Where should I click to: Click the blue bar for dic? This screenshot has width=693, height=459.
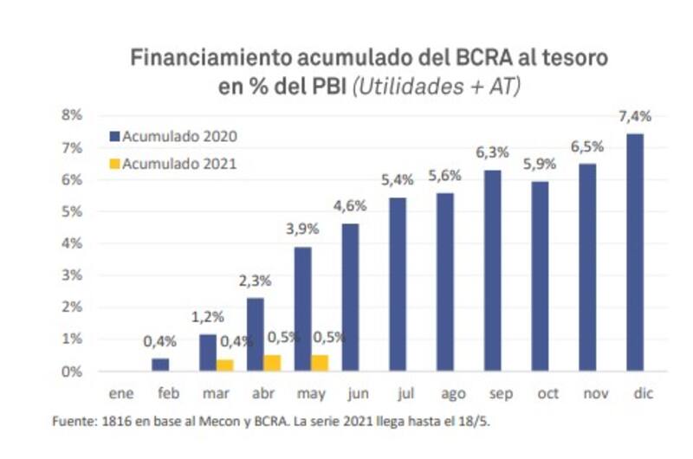tap(635, 252)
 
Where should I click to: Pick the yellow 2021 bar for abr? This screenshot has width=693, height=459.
tap(272, 363)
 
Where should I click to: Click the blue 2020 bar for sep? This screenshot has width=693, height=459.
tap(492, 270)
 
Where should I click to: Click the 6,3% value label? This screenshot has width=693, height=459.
tap(492, 153)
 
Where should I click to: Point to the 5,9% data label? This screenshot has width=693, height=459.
tap(540, 165)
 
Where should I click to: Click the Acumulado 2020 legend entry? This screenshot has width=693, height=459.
tap(179, 136)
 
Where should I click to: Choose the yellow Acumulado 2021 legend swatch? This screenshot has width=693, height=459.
tap(115, 162)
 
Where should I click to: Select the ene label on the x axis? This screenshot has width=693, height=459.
tap(120, 394)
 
